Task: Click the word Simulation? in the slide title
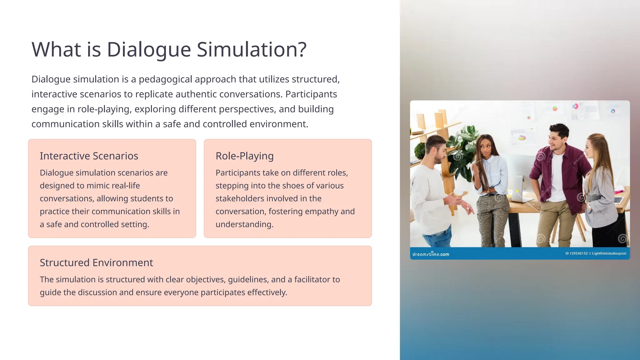pyautogui.click(x=252, y=49)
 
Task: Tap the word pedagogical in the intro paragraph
pyautogui.click(x=165, y=79)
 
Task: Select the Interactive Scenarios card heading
pyautogui.click(x=89, y=156)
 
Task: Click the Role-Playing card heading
pyautogui.click(x=244, y=156)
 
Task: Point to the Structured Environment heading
pyautogui.click(x=96, y=263)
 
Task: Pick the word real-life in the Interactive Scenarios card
pyautogui.click(x=126, y=186)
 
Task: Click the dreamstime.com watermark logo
pyautogui.click(x=431, y=254)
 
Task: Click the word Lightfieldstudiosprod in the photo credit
pyautogui.click(x=609, y=253)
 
